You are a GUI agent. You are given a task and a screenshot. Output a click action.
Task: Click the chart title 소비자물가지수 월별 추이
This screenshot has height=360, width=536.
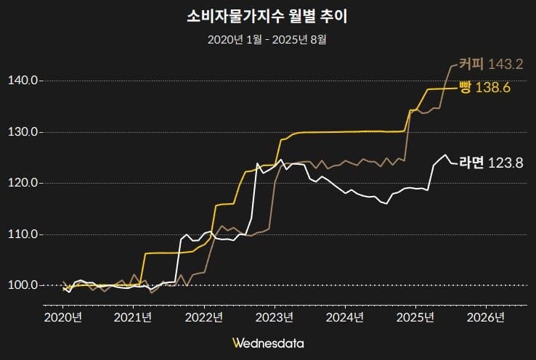click(x=268, y=15)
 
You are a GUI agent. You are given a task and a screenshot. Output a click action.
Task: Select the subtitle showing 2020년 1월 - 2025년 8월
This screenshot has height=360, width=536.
click(x=267, y=38)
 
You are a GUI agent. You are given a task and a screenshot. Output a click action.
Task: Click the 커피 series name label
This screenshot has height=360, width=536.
click(x=471, y=64)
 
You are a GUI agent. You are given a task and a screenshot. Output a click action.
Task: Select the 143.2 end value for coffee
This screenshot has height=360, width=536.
click(x=505, y=65)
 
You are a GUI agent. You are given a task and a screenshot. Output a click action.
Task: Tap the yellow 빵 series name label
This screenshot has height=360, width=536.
click(x=466, y=88)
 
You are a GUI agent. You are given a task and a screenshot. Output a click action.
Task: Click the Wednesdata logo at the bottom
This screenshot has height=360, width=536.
click(x=268, y=343)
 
